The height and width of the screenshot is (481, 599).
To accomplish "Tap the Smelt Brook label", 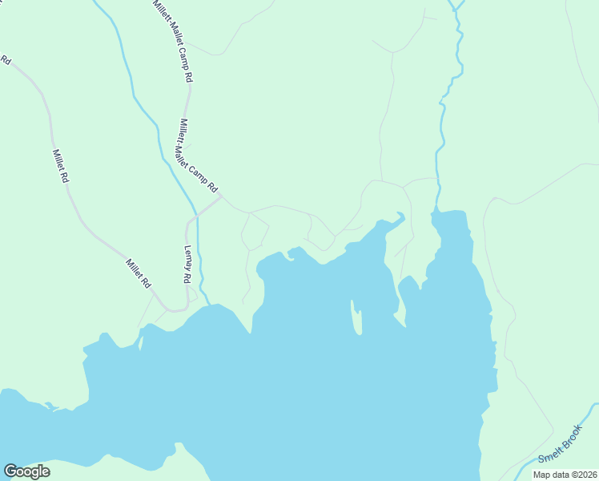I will (559, 447).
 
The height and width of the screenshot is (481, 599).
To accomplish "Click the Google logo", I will (26, 471).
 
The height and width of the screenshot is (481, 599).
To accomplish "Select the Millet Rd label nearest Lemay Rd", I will (138, 273).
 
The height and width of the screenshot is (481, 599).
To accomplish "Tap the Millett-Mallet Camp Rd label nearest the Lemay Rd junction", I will (197, 156).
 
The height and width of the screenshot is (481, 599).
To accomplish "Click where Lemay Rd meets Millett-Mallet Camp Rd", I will (219, 197).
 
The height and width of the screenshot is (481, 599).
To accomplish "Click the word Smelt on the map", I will (549, 455).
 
